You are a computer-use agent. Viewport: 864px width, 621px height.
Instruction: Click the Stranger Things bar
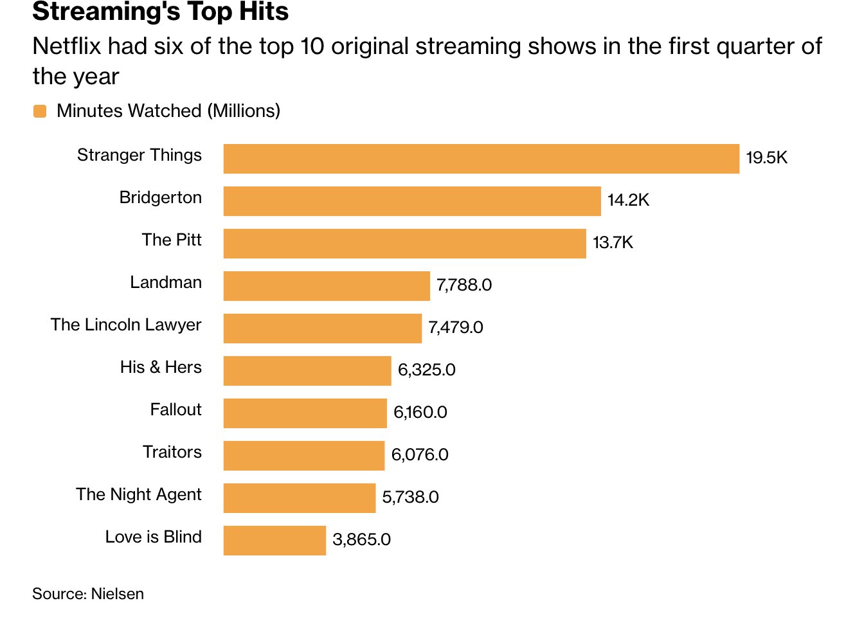point(481,159)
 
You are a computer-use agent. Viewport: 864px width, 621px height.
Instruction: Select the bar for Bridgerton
point(412,201)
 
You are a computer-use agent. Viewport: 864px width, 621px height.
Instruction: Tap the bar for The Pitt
point(404,244)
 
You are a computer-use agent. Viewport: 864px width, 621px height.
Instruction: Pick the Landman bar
point(327,286)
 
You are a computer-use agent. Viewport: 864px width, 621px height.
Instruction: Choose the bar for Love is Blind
point(274,541)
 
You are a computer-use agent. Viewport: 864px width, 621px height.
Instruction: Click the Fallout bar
point(305,413)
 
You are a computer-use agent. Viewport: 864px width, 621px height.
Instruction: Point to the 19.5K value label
point(766,158)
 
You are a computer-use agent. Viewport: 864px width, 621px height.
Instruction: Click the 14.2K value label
point(628,201)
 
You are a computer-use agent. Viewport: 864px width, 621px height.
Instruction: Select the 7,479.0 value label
point(456,328)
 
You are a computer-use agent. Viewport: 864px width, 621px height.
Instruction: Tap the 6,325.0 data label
point(426,370)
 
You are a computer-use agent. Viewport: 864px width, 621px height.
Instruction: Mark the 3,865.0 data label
point(361,540)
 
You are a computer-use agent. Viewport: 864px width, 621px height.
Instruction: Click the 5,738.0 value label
point(410,498)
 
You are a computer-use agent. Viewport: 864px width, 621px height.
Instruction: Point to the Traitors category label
point(172,453)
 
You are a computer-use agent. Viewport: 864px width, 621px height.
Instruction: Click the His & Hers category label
point(161,368)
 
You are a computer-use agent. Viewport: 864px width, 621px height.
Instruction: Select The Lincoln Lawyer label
point(126,325)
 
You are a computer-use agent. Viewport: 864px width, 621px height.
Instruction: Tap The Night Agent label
point(139,495)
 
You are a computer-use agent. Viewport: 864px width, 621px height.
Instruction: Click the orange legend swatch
point(40,112)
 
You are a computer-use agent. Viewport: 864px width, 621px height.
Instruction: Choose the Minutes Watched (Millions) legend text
point(168,111)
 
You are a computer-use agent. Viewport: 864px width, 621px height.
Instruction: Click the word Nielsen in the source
point(118,594)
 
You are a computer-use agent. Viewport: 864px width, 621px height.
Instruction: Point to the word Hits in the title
point(264,12)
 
